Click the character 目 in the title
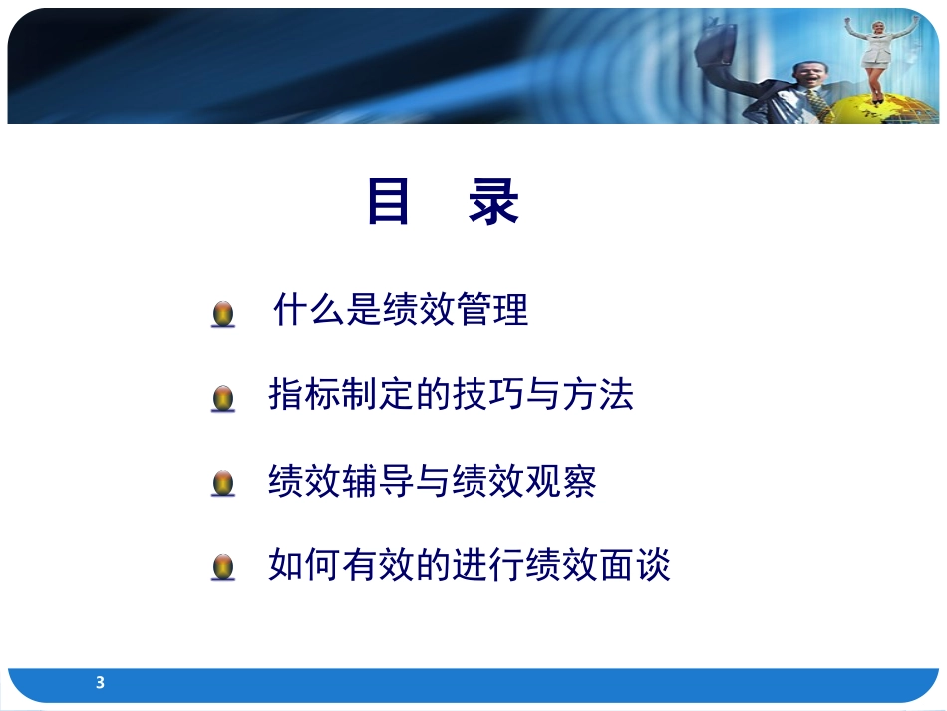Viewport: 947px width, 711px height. (x=389, y=201)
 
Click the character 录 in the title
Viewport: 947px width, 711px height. (x=493, y=201)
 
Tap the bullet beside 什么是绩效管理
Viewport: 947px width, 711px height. (x=223, y=314)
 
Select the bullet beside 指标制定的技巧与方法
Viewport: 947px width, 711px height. (x=223, y=399)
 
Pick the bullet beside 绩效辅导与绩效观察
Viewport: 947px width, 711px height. (x=223, y=484)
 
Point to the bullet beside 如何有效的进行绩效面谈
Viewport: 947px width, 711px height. (x=223, y=567)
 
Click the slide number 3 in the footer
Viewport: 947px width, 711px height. (x=101, y=683)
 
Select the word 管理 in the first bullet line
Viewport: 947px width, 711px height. (x=492, y=309)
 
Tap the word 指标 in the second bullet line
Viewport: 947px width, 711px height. (x=304, y=394)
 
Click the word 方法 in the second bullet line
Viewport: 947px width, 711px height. (x=598, y=394)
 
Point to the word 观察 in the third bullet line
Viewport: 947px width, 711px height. (x=561, y=481)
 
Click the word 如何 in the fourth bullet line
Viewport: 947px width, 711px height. (x=304, y=564)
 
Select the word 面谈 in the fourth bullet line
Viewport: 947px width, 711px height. (x=635, y=564)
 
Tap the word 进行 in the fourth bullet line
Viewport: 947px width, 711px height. (x=488, y=564)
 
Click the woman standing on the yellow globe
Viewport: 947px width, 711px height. (x=877, y=58)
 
